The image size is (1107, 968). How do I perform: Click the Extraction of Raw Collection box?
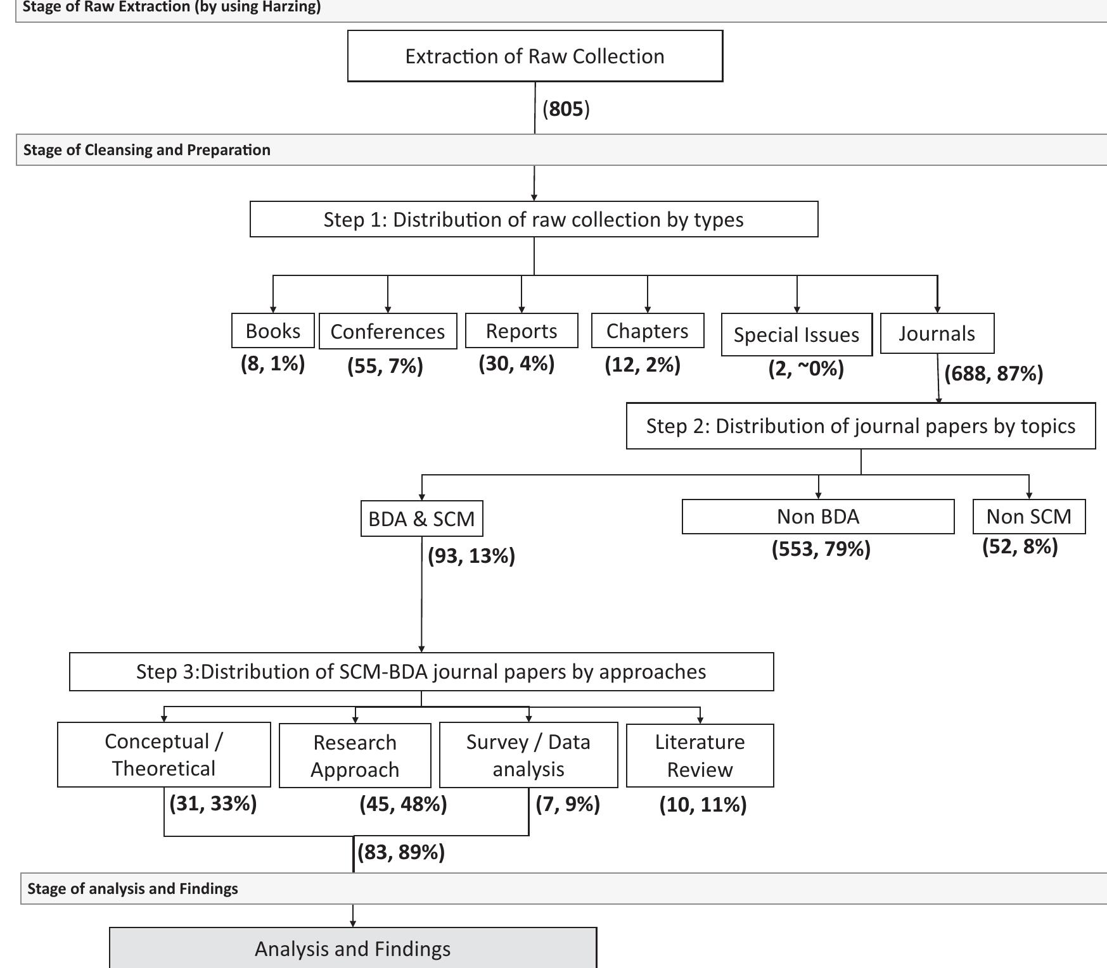[x=535, y=56]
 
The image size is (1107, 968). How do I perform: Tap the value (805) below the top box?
[x=566, y=109]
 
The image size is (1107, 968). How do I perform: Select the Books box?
[x=273, y=330]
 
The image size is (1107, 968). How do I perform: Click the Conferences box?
[x=388, y=331]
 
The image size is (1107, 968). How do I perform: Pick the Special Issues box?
[x=797, y=334]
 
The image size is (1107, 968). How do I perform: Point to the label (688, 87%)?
[x=993, y=374]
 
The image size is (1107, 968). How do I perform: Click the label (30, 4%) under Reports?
[x=516, y=363]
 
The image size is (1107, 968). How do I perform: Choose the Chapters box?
[x=647, y=330]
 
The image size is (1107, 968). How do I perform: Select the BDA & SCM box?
[x=421, y=519]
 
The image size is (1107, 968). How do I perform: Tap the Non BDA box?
[x=817, y=517]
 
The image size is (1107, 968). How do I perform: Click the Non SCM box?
[x=1028, y=517]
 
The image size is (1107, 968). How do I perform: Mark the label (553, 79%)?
[x=821, y=548]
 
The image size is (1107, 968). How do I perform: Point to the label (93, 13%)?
[x=471, y=556]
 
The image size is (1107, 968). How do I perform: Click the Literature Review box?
[x=700, y=755]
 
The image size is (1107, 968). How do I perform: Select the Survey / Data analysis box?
[x=528, y=755]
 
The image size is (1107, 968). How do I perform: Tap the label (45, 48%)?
[x=403, y=804]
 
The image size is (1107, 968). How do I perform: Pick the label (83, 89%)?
[x=401, y=852]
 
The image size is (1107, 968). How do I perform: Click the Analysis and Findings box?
[x=352, y=948]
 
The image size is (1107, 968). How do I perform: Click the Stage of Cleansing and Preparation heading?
[x=147, y=150]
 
